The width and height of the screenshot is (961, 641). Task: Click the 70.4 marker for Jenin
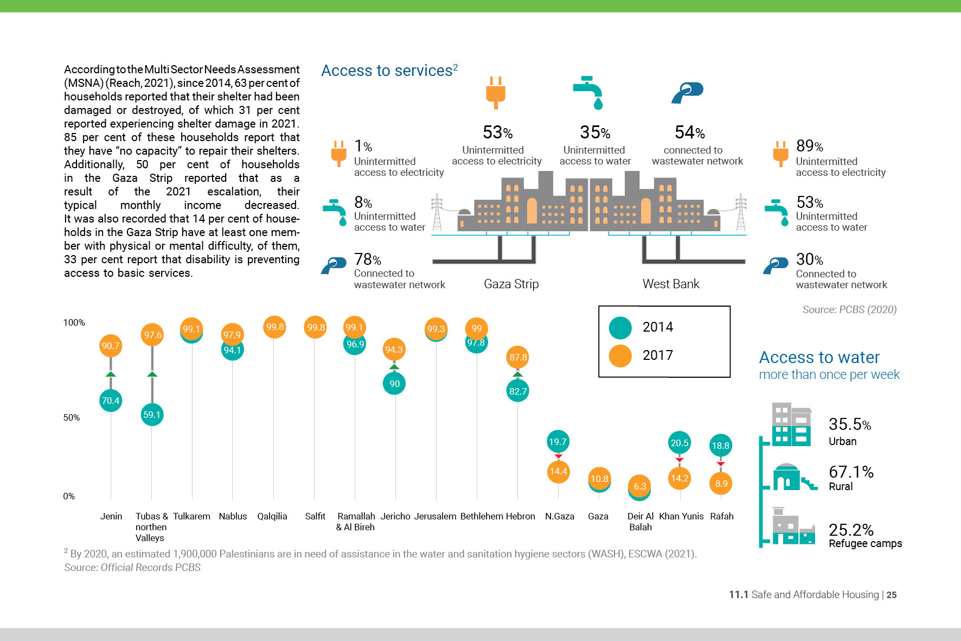(x=111, y=401)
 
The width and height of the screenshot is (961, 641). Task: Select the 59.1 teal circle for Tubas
(x=152, y=415)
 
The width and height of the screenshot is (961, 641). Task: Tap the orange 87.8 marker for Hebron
(x=518, y=357)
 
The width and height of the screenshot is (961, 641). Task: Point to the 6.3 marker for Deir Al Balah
(x=640, y=486)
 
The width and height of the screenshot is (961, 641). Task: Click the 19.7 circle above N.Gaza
(x=558, y=442)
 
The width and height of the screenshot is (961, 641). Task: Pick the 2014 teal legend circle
(x=620, y=327)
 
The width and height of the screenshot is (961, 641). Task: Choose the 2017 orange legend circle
(x=620, y=356)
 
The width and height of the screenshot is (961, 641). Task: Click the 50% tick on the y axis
(x=72, y=417)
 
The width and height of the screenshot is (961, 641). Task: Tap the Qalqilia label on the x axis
(x=272, y=516)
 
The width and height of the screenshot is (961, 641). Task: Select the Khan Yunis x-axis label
(x=681, y=516)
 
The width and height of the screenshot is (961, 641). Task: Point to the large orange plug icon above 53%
(x=496, y=92)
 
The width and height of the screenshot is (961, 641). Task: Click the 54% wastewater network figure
(x=689, y=132)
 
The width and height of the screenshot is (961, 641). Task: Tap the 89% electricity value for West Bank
(x=809, y=146)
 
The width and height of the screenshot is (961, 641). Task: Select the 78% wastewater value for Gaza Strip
(x=367, y=259)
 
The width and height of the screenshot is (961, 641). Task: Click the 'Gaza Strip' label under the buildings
(x=511, y=284)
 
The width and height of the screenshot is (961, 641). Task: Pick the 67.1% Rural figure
(x=851, y=472)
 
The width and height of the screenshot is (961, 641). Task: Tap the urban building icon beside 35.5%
(x=792, y=424)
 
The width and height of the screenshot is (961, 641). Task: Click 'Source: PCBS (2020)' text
(x=849, y=309)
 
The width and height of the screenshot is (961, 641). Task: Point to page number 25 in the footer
(x=892, y=595)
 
